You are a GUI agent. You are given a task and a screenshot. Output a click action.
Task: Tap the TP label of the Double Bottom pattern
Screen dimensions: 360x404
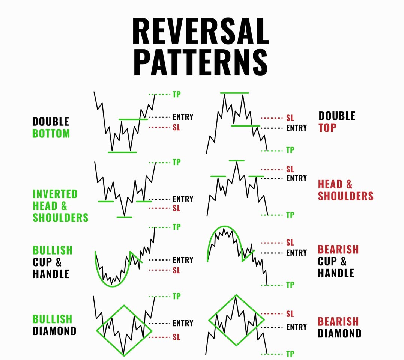(x=176, y=94)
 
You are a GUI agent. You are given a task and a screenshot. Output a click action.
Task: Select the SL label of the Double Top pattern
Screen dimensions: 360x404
(x=290, y=118)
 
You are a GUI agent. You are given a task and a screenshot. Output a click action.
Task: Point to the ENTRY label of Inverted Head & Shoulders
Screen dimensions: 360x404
(x=183, y=199)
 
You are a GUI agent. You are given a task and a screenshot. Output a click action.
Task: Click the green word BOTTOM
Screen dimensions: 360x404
(x=51, y=134)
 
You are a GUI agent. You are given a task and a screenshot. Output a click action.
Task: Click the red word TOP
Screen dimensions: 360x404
(x=327, y=128)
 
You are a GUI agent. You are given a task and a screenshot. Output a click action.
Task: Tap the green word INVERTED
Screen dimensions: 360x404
(x=55, y=194)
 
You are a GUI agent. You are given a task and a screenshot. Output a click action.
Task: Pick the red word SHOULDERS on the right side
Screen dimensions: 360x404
(x=345, y=196)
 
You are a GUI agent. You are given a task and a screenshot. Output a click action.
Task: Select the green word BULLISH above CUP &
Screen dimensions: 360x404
(x=53, y=250)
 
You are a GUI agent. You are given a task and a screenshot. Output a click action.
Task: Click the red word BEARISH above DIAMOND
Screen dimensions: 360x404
(x=338, y=322)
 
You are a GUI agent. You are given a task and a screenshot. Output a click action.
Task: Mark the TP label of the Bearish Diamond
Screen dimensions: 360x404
(x=290, y=354)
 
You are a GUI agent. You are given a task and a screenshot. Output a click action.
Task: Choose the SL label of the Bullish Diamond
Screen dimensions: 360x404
(x=176, y=337)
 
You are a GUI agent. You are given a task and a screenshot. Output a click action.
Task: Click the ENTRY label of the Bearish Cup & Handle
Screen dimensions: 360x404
(x=296, y=253)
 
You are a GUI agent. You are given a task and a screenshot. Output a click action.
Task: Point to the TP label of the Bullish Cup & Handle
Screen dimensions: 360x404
(x=176, y=227)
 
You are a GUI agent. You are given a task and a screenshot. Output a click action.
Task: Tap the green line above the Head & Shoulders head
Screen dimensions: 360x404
(x=236, y=161)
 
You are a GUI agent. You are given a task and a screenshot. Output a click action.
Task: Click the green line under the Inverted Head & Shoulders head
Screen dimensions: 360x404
(x=124, y=217)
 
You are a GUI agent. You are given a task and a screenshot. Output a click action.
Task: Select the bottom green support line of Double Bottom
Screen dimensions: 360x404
(x=122, y=152)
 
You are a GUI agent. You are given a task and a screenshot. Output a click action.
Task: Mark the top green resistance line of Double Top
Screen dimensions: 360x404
(x=234, y=93)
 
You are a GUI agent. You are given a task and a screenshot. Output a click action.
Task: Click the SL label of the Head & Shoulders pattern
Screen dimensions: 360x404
(x=290, y=169)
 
